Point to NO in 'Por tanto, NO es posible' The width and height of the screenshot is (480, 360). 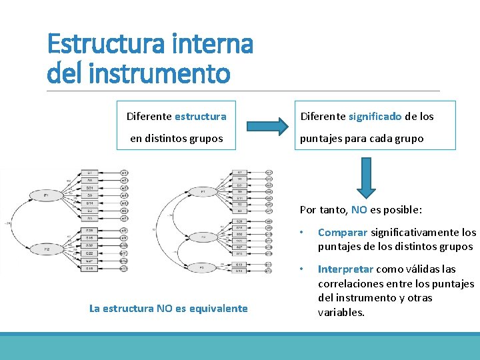(x=359, y=209)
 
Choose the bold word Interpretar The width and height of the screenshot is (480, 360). (x=346, y=269)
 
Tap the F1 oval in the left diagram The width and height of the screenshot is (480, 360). (x=45, y=196)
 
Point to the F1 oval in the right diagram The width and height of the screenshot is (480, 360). (x=203, y=191)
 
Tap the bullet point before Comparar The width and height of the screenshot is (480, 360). (x=303, y=233)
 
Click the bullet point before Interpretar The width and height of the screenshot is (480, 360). (x=303, y=270)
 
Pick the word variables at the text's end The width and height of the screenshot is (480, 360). (x=341, y=312)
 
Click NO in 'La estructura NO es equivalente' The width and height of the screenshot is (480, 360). (x=163, y=308)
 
